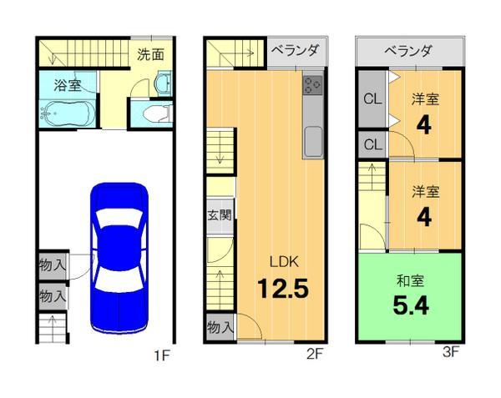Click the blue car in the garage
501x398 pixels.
[118, 256]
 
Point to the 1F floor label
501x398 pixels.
[161, 355]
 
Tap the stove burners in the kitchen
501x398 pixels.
[314, 84]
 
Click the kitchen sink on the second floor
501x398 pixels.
[314, 141]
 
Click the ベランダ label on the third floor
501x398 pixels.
[409, 51]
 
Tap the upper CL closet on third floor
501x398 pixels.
[372, 99]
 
